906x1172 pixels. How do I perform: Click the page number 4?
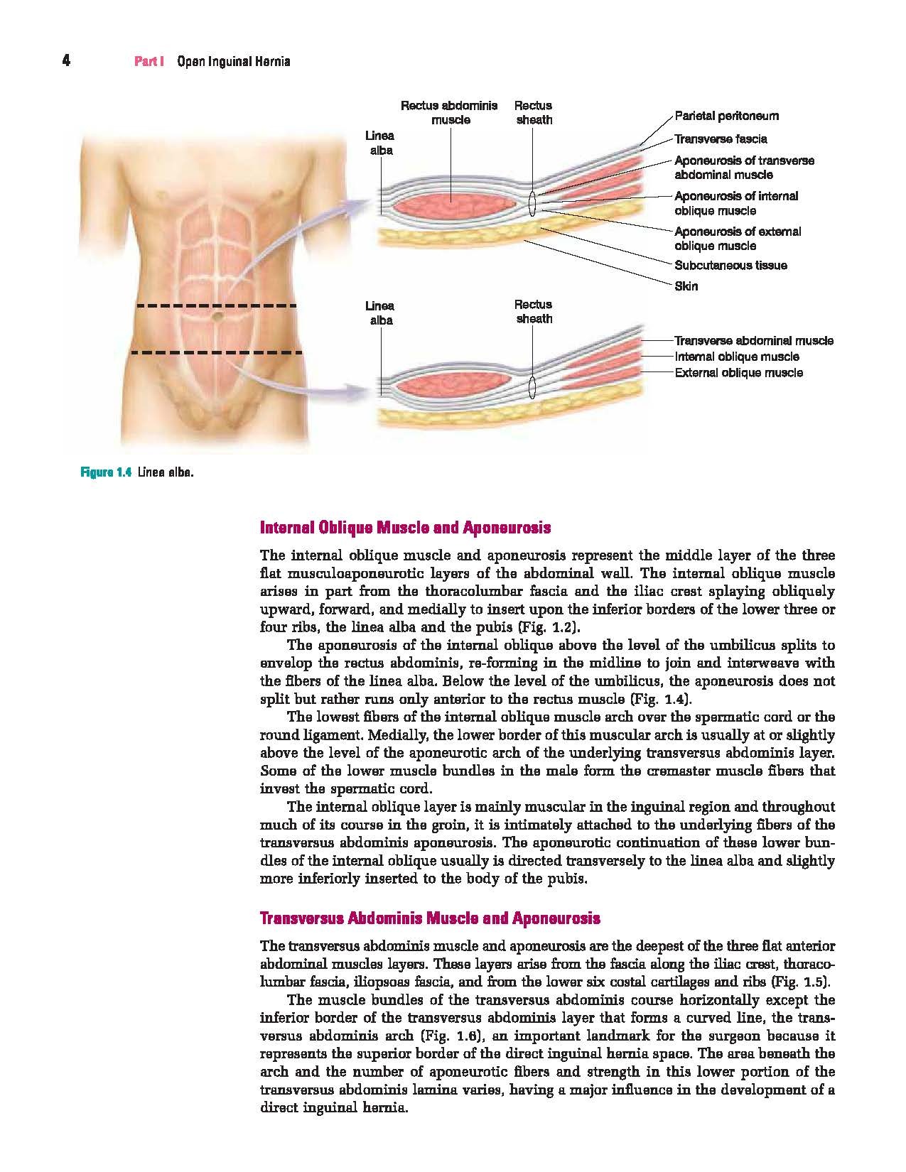66,61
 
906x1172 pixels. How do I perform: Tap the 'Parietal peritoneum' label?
726,116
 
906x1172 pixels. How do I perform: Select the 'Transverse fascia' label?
721,139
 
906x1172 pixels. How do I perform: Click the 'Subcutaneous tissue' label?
730,266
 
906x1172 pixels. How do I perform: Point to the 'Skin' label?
686,286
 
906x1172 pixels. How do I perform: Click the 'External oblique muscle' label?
738,373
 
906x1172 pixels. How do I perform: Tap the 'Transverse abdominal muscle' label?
753,341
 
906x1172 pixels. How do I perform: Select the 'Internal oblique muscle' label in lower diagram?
736,357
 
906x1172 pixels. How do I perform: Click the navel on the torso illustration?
217,314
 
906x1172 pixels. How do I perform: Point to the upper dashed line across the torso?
216,306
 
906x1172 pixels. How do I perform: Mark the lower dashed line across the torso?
216,352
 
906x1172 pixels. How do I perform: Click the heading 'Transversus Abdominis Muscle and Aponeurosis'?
431,918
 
